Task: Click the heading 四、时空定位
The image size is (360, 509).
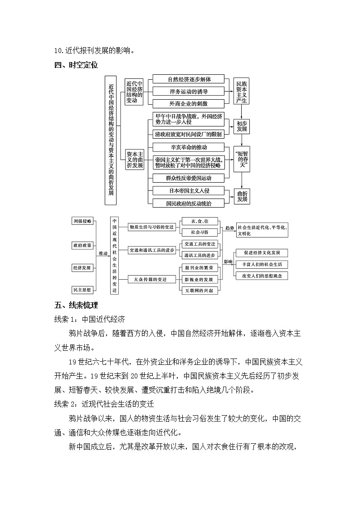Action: click(76, 65)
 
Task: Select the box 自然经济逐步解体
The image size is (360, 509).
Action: click(189, 79)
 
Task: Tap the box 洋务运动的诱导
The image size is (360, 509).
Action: click(189, 92)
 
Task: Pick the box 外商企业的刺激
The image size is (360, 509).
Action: click(189, 103)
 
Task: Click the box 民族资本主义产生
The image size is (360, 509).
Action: click(242, 92)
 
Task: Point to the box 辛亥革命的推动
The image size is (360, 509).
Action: click(189, 147)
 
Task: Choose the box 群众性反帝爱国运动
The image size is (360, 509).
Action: click(189, 178)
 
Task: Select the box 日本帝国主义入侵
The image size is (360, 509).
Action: click(189, 191)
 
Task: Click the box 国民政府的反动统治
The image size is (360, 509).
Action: click(189, 204)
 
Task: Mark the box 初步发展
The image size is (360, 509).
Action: click(242, 126)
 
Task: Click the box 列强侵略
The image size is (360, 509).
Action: click(82, 221)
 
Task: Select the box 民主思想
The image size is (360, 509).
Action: click(82, 289)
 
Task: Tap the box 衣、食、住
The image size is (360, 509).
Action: click(199, 221)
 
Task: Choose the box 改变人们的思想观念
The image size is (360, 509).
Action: click(262, 276)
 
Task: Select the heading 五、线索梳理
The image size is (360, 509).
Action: click(76, 305)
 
